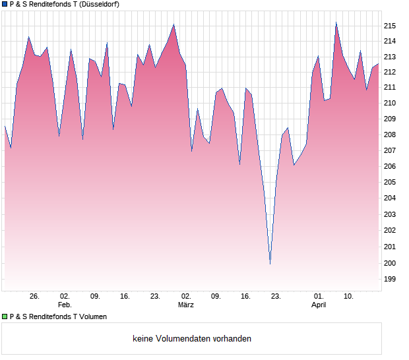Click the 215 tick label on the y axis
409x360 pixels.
click(x=390, y=26)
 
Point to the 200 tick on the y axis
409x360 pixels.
click(x=390, y=263)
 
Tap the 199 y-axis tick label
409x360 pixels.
click(x=390, y=279)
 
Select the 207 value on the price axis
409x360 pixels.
click(x=390, y=151)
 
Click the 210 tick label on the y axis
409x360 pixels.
click(x=390, y=103)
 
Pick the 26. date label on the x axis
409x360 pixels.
click(x=35, y=296)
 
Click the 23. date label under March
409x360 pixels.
click(x=276, y=296)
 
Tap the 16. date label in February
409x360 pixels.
click(x=125, y=296)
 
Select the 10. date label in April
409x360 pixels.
click(x=349, y=296)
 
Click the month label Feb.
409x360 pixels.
click(x=65, y=305)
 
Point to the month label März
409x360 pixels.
click(x=186, y=305)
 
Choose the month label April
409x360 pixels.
click(x=319, y=305)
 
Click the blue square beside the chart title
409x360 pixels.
click(x=5, y=4)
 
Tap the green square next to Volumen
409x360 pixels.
click(x=5, y=316)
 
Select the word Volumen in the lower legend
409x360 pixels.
click(x=92, y=316)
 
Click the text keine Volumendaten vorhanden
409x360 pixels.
click(x=192, y=339)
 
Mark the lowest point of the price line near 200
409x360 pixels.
click(x=270, y=264)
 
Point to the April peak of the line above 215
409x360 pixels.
click(x=336, y=23)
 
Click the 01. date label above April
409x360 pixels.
click(x=319, y=296)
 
